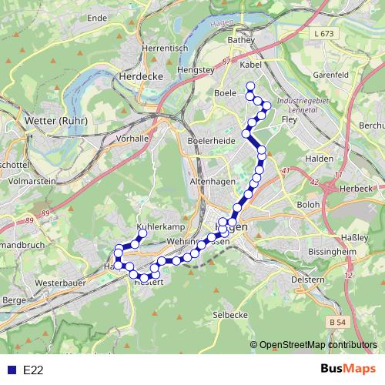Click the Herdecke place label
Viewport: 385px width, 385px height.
(x=139, y=77)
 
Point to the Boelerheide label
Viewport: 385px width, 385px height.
(x=211, y=142)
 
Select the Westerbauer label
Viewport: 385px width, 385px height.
(x=60, y=283)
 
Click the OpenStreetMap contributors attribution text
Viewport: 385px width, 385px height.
(x=317, y=346)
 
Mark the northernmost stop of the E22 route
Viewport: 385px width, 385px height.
(x=249, y=86)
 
